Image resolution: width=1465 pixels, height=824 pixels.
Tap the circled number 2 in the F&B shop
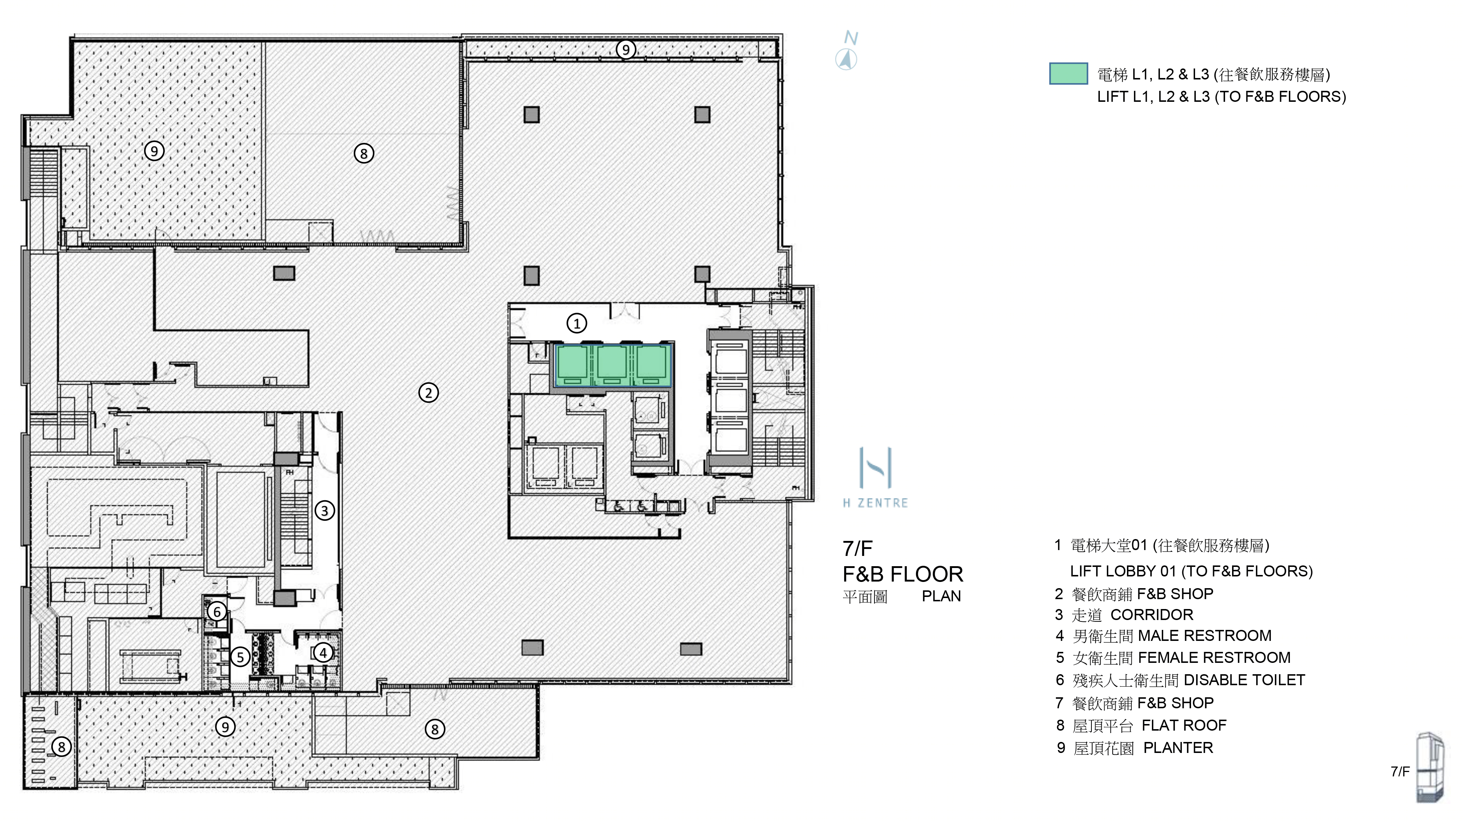click(x=428, y=392)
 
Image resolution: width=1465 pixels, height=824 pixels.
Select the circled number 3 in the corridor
click(x=325, y=510)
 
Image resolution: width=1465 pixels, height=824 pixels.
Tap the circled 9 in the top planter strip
click(x=626, y=49)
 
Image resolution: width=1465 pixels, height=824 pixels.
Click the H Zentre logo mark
click(x=875, y=468)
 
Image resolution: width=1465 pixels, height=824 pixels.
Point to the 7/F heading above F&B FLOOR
click(x=857, y=549)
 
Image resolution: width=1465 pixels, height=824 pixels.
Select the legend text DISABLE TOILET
click(x=1245, y=680)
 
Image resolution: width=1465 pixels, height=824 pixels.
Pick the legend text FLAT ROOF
click(x=1184, y=725)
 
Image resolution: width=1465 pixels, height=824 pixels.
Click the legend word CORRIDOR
click(x=1151, y=615)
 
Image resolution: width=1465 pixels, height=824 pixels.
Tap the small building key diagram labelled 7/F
click(x=1429, y=768)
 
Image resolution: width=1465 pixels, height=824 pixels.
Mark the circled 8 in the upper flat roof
click(x=364, y=153)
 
